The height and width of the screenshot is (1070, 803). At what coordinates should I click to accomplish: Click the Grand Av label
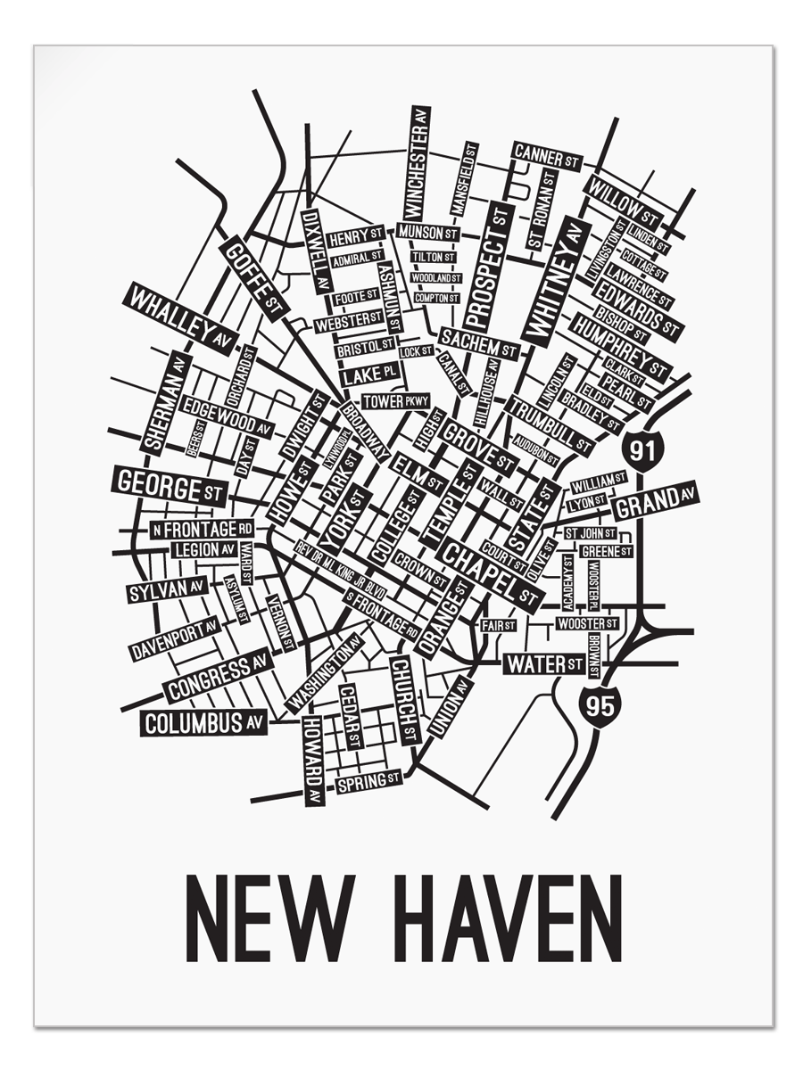point(655,503)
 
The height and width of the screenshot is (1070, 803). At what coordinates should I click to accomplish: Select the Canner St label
point(547,156)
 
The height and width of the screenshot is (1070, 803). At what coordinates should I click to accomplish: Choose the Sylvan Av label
point(167,589)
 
